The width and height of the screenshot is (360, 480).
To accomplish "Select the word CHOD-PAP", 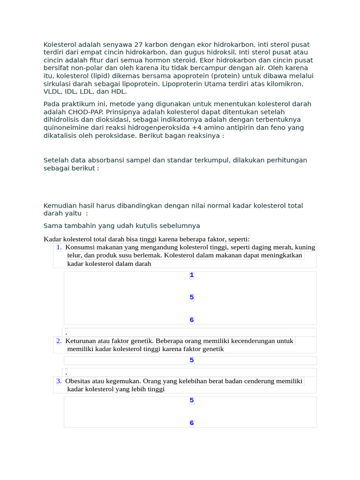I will (87, 112).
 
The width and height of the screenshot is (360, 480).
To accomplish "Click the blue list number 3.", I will (59, 381).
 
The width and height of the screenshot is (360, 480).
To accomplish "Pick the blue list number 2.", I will (59, 341).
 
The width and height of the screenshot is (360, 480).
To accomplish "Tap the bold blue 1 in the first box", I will (192, 275).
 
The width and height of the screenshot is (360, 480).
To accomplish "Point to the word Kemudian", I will (60, 205).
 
